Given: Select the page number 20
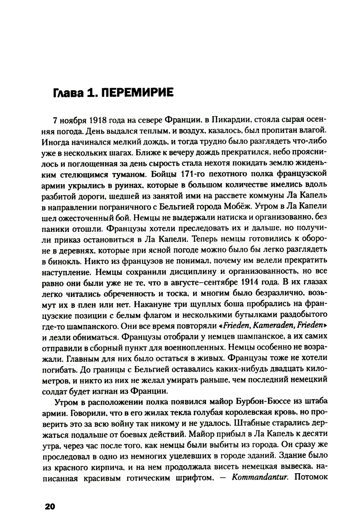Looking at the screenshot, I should pyautogui.click(x=49, y=506).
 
